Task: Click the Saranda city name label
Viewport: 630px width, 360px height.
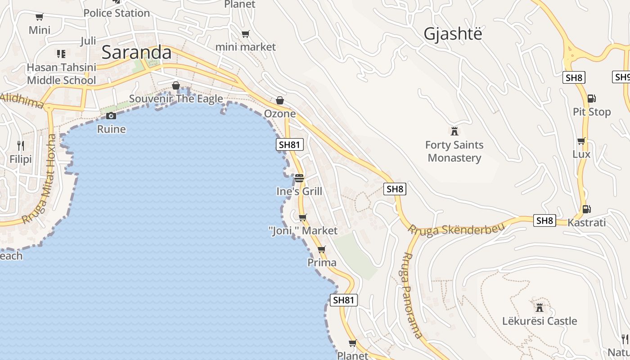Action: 136,53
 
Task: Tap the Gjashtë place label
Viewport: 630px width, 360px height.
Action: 453,34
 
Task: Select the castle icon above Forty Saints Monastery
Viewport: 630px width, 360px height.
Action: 454,131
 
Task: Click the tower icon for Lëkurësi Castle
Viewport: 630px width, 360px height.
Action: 539,308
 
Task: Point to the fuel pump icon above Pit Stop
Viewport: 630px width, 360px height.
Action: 591,98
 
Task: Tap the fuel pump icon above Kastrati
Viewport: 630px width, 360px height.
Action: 586,209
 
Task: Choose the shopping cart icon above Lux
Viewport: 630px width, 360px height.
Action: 581,141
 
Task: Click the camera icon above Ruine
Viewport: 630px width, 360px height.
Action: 111,116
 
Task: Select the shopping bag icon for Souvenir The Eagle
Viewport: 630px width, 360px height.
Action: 176,85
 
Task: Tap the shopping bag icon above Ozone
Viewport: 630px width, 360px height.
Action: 280,100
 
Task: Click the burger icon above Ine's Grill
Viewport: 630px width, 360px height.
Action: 299,178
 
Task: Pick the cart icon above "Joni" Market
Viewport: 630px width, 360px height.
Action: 302,218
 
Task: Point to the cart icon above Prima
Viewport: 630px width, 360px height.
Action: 321,249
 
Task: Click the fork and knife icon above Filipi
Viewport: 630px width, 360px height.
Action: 21,145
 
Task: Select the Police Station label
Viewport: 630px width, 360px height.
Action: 117,13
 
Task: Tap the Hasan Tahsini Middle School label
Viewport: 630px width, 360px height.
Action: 62,74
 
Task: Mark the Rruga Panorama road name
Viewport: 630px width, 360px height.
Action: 412,295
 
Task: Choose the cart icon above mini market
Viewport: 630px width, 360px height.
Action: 245,34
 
